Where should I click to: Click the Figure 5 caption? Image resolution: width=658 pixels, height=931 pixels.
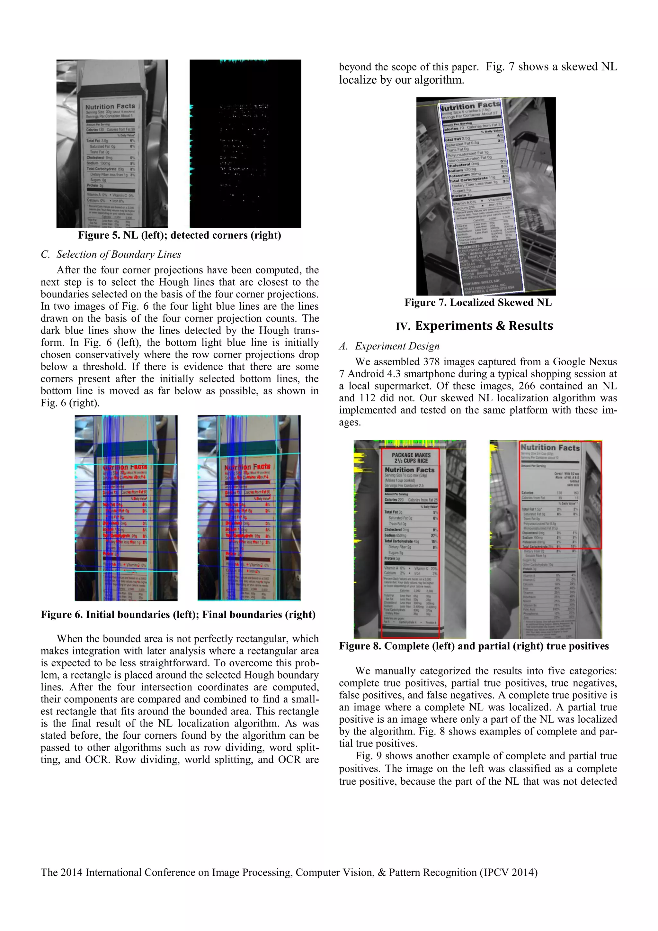click(180, 236)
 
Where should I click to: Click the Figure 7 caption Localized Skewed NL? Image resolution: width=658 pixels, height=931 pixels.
click(478, 303)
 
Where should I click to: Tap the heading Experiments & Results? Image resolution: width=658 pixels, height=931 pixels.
click(484, 326)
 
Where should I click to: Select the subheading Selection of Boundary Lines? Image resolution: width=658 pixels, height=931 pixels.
click(118, 255)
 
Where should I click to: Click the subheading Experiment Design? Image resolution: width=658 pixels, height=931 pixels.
click(397, 346)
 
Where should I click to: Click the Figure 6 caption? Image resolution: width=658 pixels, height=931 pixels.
click(178, 615)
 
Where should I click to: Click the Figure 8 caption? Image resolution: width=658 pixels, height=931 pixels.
click(474, 646)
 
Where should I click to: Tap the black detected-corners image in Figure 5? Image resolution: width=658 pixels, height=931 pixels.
click(245, 144)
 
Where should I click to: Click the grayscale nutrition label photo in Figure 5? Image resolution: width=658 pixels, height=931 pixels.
click(112, 144)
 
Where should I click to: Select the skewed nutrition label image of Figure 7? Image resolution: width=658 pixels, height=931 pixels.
click(486, 196)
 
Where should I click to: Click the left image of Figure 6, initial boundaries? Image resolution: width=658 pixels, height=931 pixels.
click(126, 508)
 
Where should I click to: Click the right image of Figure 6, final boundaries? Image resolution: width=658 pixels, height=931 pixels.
click(249, 508)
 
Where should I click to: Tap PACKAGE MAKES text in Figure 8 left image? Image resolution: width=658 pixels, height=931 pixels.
click(411, 455)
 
